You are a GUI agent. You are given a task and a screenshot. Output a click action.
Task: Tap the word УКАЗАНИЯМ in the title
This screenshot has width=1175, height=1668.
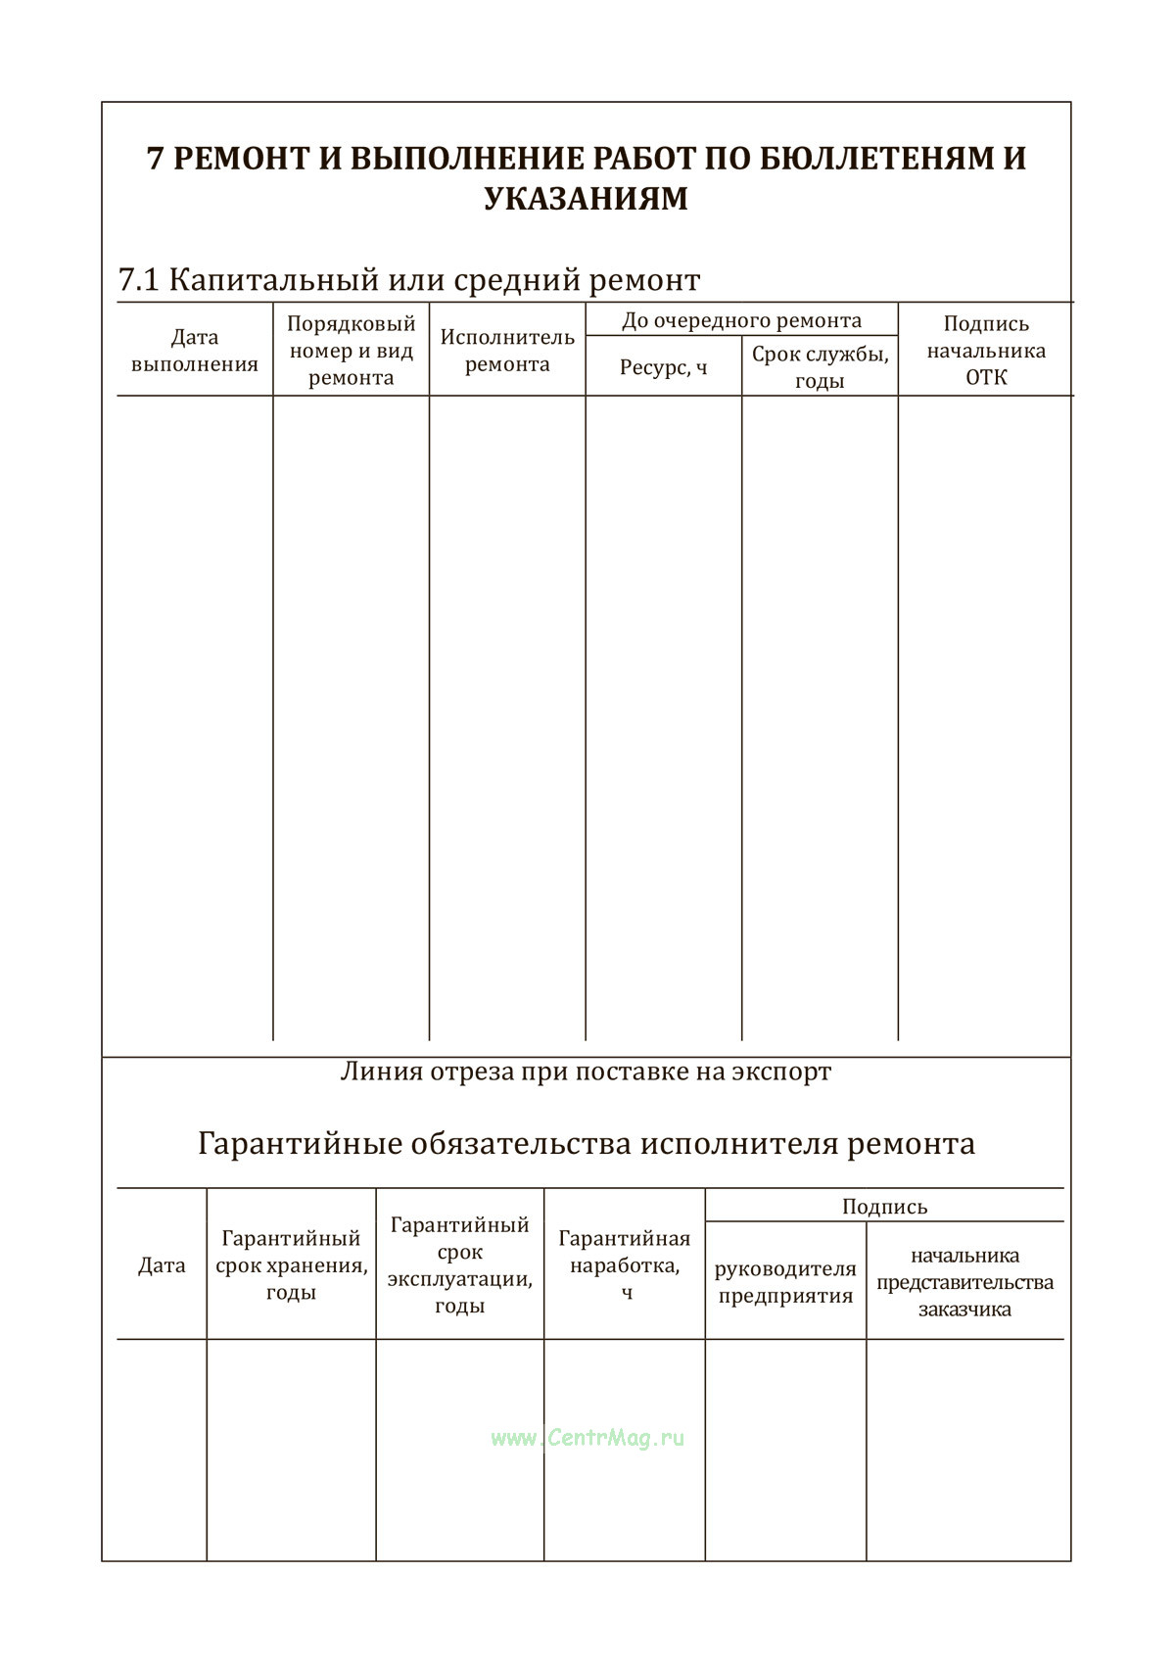click(x=586, y=199)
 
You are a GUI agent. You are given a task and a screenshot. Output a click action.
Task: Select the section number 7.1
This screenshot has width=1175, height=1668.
click(x=138, y=281)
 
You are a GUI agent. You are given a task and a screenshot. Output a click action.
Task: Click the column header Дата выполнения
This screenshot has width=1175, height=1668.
click(x=194, y=351)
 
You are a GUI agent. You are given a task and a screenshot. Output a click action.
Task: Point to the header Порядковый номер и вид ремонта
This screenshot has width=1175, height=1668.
click(x=351, y=351)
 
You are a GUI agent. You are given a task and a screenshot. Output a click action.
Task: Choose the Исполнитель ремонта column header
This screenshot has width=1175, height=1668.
click(x=507, y=351)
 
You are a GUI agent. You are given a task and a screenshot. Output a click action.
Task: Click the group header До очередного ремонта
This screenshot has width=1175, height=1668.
click(x=741, y=321)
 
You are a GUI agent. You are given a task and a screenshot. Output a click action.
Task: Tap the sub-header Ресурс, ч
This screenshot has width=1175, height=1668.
click(x=663, y=368)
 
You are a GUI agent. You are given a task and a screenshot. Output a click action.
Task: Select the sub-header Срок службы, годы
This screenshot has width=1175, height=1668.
click(x=820, y=367)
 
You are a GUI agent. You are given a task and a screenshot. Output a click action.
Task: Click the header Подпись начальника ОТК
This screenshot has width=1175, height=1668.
click(x=985, y=351)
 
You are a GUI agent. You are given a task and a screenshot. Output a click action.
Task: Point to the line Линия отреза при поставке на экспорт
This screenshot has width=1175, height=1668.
click(x=586, y=1072)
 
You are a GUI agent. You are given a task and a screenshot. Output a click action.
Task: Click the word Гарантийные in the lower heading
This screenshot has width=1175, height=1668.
click(x=294, y=1144)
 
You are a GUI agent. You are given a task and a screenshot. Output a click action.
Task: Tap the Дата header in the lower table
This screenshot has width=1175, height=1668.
click(x=162, y=1265)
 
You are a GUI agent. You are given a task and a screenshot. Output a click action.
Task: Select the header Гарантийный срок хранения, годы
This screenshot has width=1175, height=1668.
click(x=291, y=1265)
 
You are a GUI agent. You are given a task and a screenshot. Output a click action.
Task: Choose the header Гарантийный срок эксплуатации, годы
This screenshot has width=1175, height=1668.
click(x=459, y=1265)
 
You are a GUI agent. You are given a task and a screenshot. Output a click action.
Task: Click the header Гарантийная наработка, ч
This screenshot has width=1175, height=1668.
click(x=625, y=1265)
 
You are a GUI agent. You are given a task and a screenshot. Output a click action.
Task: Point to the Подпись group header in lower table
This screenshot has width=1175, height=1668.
click(x=884, y=1207)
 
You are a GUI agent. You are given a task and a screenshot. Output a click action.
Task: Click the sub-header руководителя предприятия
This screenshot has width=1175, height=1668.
click(x=785, y=1283)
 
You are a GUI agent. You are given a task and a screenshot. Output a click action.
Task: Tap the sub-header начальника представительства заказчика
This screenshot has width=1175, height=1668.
click(x=964, y=1282)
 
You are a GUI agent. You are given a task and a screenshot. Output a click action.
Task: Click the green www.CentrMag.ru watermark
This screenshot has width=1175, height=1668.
click(x=587, y=1438)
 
